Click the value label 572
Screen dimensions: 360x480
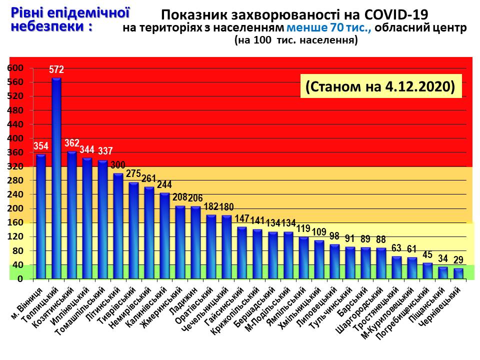[56, 69]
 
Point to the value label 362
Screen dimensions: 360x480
[72, 143]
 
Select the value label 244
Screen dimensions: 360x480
[164, 184]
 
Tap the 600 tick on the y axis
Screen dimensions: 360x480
[17, 68]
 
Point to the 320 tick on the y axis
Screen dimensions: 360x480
[17, 166]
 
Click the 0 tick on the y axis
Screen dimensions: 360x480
[20, 279]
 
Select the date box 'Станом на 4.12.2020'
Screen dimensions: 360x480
[380, 86]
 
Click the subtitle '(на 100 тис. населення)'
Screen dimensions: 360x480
[296, 41]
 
